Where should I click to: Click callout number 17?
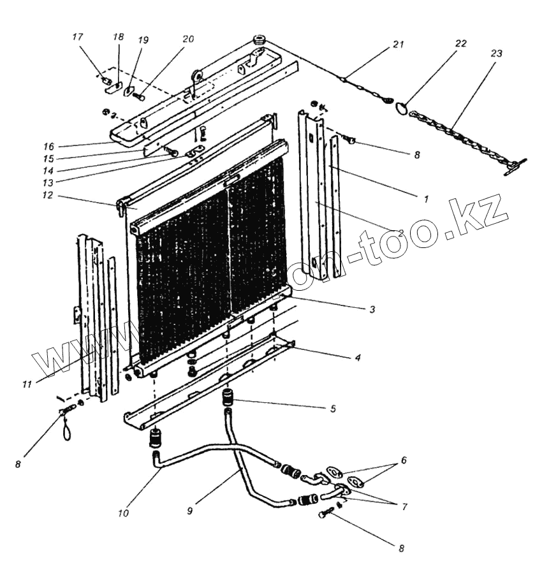(x=78, y=38)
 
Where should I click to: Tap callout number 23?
(x=497, y=54)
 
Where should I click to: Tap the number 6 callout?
(x=403, y=459)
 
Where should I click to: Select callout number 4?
(x=358, y=358)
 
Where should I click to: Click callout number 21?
(x=399, y=44)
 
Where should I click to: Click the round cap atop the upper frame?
(x=260, y=41)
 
